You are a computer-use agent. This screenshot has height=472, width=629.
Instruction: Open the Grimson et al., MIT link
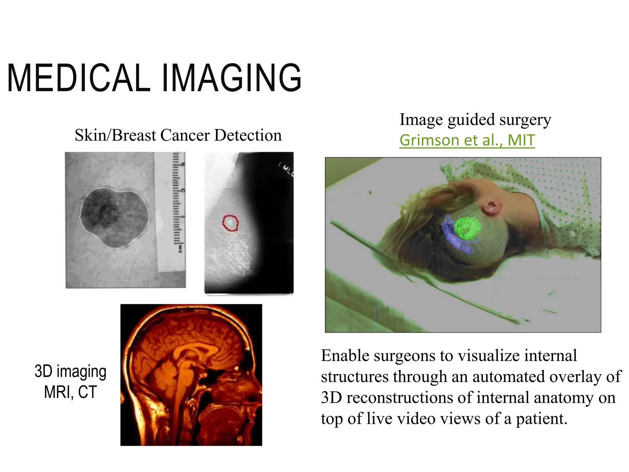click(467, 140)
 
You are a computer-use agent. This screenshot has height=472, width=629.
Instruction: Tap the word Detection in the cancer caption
click(248, 135)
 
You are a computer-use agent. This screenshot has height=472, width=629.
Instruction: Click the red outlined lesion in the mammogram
click(230, 223)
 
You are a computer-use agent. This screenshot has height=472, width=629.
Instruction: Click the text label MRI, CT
click(70, 392)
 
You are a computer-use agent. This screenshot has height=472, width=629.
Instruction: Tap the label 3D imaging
click(70, 371)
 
